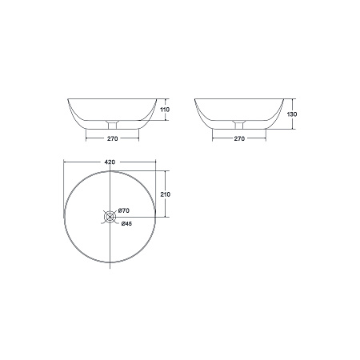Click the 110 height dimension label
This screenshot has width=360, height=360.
click(166, 110)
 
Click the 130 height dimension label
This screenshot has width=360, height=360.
click(292, 114)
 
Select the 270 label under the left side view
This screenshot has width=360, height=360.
click(113, 138)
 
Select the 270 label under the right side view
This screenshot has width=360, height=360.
click(239, 138)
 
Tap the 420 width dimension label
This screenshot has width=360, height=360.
click(110, 162)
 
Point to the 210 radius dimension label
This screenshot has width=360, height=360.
click(166, 194)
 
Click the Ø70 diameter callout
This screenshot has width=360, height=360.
click(124, 210)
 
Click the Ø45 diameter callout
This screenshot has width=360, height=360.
click(126, 224)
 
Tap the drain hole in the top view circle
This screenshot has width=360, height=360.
click(110, 217)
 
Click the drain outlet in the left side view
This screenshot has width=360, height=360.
click(112, 125)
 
